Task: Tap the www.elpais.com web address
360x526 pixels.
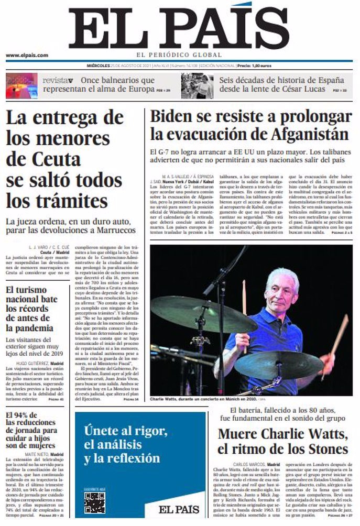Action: (27, 55)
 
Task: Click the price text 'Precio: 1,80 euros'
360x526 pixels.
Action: (254, 67)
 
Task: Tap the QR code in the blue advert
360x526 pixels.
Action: (94, 502)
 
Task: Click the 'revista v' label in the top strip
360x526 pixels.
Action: (58, 80)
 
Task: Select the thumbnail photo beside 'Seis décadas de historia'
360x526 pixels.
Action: (197, 86)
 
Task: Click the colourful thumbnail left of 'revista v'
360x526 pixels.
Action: (21, 86)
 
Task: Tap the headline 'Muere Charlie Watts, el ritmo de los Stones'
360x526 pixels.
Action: (282, 441)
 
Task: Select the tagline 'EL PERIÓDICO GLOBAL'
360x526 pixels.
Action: (180, 55)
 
